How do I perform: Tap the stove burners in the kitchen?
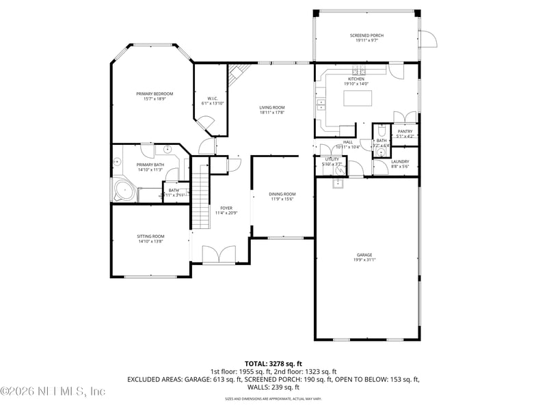click(359, 71)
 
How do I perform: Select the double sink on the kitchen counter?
click(321, 105)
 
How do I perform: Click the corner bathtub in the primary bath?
click(123, 190)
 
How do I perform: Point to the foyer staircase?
click(200, 198)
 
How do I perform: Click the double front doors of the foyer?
click(219, 254)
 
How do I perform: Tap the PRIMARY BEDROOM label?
click(155, 94)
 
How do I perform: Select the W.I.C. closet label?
click(212, 98)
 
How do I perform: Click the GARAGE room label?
click(364, 255)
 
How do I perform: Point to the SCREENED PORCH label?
click(366, 36)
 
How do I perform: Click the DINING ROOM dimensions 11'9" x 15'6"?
click(282, 199)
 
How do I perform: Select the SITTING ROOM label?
click(150, 236)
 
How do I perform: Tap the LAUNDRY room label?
click(400, 162)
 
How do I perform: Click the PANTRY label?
click(405, 131)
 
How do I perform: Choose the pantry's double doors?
click(405, 116)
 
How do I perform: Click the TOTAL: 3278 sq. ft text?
click(273, 364)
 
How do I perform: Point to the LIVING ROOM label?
click(271, 107)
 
